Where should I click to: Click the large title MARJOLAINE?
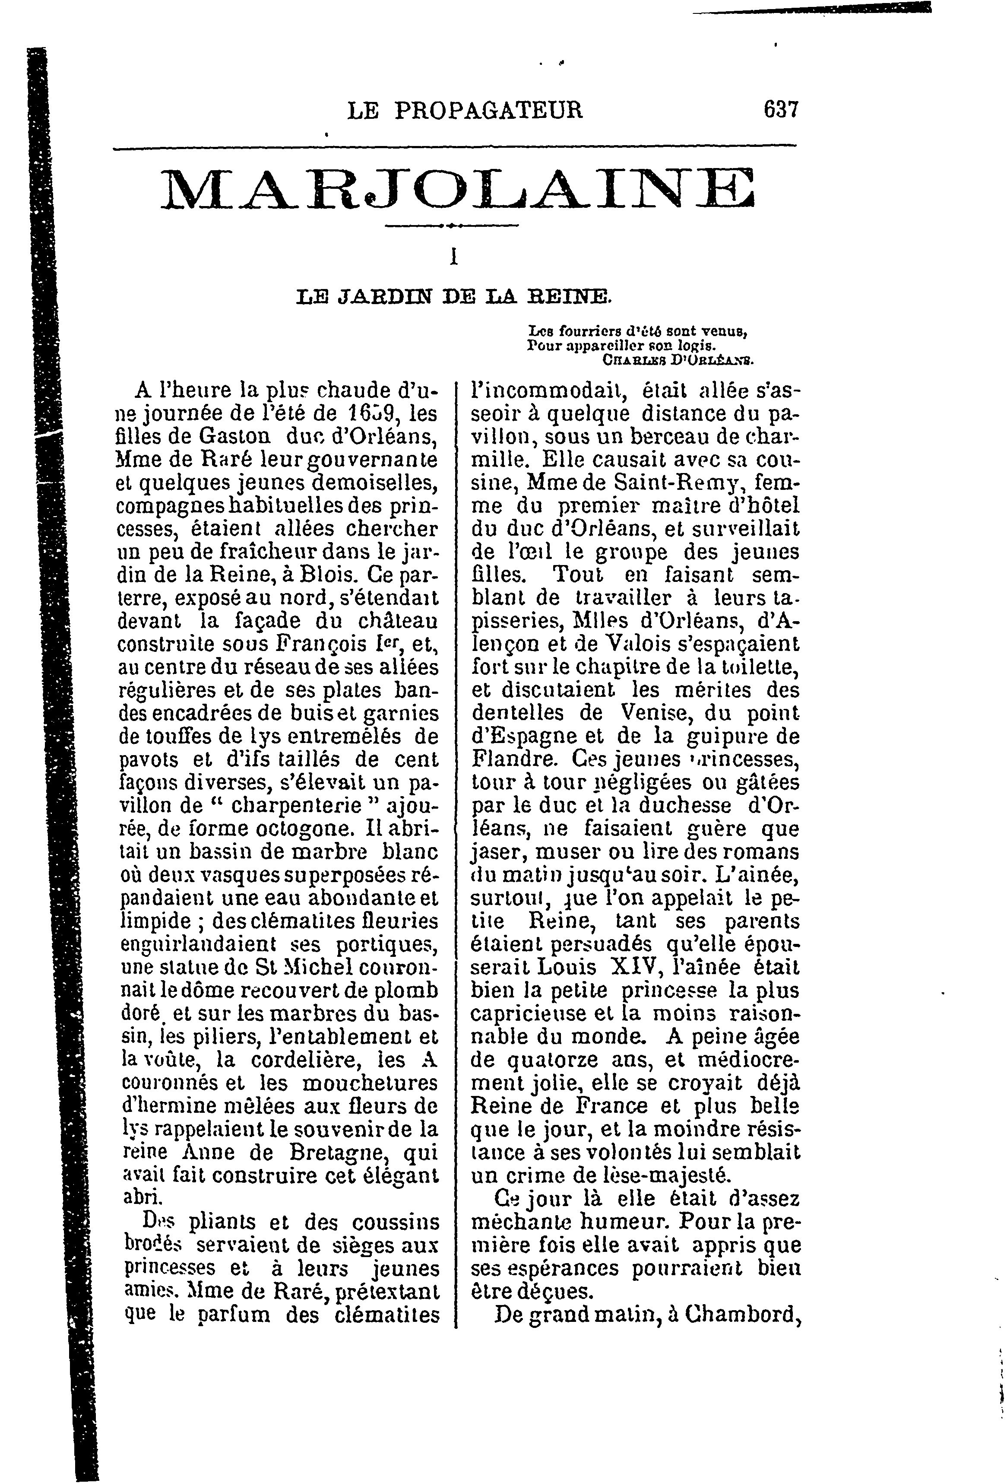point(457,188)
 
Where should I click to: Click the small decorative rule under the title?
point(452,225)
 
